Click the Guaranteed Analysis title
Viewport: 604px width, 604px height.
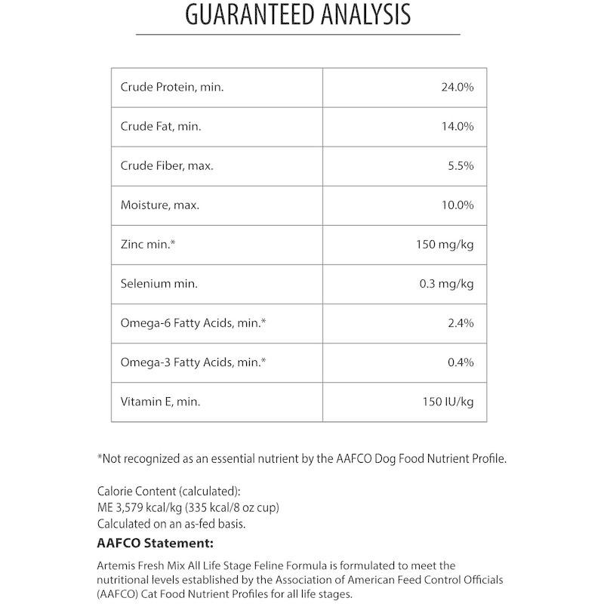point(298,14)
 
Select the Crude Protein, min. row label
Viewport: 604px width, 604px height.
point(172,88)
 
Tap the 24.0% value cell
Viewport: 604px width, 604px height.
point(457,88)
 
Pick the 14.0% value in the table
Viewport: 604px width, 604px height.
point(457,127)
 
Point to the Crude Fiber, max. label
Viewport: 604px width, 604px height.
point(167,166)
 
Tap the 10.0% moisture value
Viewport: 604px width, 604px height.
point(457,205)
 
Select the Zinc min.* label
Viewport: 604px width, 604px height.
point(148,245)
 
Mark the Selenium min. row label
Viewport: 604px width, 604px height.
point(159,284)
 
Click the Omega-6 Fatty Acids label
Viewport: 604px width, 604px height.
point(194,323)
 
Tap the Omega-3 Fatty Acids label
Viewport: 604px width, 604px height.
point(194,362)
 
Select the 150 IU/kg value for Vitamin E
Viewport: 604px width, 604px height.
point(448,402)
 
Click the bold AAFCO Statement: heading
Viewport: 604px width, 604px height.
point(156,543)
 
